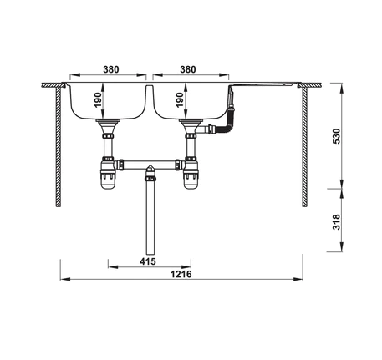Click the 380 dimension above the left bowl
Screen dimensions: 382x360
pyautogui.click(x=111, y=69)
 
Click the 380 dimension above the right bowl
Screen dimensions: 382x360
pyautogui.click(x=188, y=69)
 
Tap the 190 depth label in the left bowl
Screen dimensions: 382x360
pyautogui.click(x=97, y=100)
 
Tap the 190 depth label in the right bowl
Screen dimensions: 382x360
pyautogui.click(x=180, y=100)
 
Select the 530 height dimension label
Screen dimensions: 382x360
pyautogui.click(x=337, y=136)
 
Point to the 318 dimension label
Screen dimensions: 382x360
pyautogui.click(x=337, y=222)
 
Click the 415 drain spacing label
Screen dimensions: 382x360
pyautogui.click(x=148, y=261)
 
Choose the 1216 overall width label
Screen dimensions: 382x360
pyautogui.click(x=181, y=274)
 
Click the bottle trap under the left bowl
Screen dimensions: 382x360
pyautogui.click(x=108, y=173)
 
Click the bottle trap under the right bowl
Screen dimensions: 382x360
pyautogui.click(x=191, y=173)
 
